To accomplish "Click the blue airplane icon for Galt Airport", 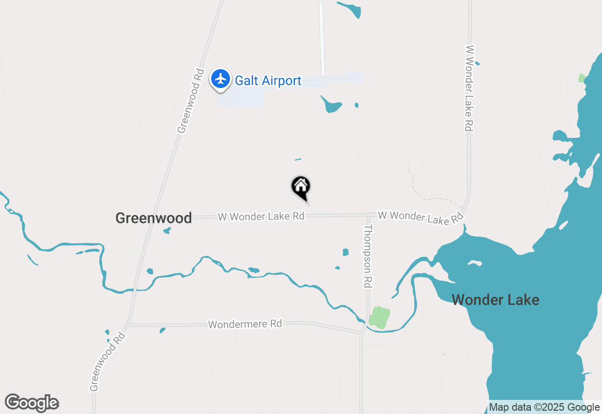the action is click(x=220, y=79).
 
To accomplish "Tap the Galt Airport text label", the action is click(x=268, y=81).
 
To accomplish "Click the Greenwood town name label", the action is click(x=154, y=218).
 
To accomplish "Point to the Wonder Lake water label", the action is click(x=495, y=300).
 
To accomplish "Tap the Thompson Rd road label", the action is click(x=368, y=256).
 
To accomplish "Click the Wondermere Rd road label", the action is click(x=245, y=324).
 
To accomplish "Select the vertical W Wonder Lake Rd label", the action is click(x=469, y=88).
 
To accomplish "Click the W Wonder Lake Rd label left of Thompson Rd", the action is click(x=261, y=216).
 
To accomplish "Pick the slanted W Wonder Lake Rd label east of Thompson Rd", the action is click(x=420, y=217).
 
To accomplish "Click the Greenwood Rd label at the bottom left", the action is click(x=108, y=361).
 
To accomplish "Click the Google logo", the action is click(x=32, y=403).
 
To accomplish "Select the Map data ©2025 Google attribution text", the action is click(x=544, y=407).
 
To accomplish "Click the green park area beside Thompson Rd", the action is click(x=379, y=317).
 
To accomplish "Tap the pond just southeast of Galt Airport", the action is click(x=332, y=105).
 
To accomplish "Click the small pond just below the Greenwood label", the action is click(x=166, y=231).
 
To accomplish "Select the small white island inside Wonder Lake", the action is click(x=475, y=263).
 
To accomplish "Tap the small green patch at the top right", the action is click(x=582, y=78).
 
